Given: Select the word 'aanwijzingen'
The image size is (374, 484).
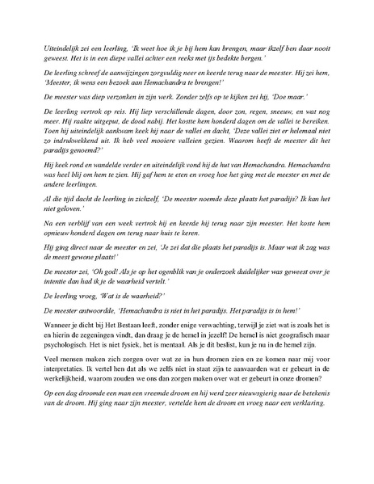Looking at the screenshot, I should (x=116, y=84).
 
